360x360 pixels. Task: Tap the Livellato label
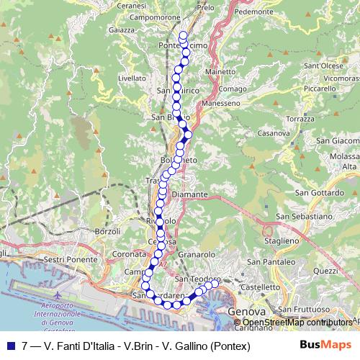pos(131,77)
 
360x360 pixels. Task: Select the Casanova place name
pos(274,133)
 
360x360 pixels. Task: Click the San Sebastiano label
pos(304,216)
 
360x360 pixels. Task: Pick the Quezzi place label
pos(325,271)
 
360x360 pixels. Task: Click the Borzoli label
pos(107,230)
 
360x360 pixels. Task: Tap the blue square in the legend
pos(10,346)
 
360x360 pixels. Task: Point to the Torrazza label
pos(300,117)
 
